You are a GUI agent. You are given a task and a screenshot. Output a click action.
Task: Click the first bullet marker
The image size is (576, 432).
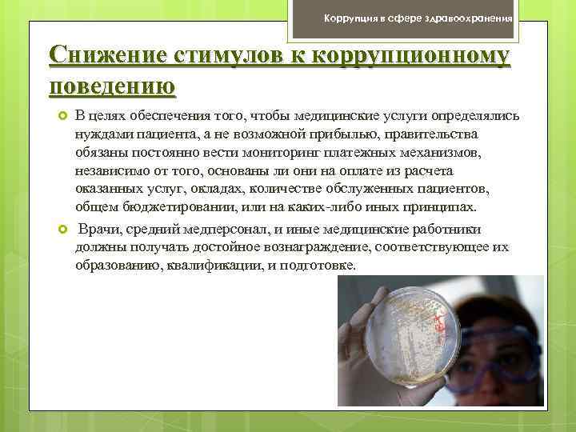62,117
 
